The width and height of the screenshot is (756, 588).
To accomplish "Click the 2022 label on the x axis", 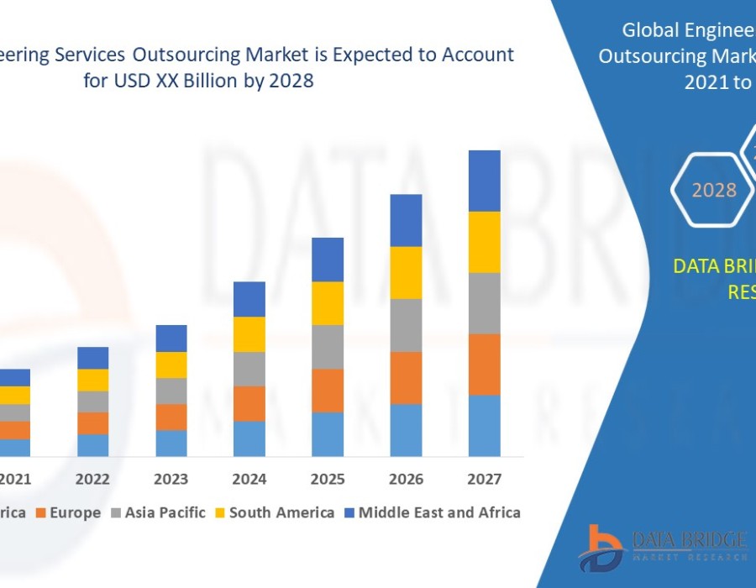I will pyautogui.click(x=92, y=480).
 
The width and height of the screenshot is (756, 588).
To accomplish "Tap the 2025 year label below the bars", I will pyautogui.click(x=328, y=480).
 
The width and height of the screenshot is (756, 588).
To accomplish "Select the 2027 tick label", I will pyautogui.click(x=484, y=480).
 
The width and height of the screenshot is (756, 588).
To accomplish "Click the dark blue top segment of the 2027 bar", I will pyautogui.click(x=484, y=181).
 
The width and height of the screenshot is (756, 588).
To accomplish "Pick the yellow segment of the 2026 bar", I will pyautogui.click(x=406, y=272).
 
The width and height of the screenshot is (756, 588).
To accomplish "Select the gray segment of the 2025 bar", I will pyautogui.click(x=328, y=347).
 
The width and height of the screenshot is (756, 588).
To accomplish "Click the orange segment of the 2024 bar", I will pyautogui.click(x=249, y=403).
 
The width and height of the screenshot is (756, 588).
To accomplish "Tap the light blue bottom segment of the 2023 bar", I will pyautogui.click(x=171, y=443).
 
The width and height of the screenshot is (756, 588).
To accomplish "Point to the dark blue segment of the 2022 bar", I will pyautogui.click(x=92, y=358).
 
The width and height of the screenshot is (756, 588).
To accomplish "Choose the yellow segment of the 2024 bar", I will pyautogui.click(x=249, y=333).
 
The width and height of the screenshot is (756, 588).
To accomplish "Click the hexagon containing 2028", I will pyautogui.click(x=713, y=190).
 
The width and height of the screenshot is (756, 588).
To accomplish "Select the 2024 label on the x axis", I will pyautogui.click(x=249, y=480).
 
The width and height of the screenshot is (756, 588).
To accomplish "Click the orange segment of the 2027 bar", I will pyautogui.click(x=484, y=365).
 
